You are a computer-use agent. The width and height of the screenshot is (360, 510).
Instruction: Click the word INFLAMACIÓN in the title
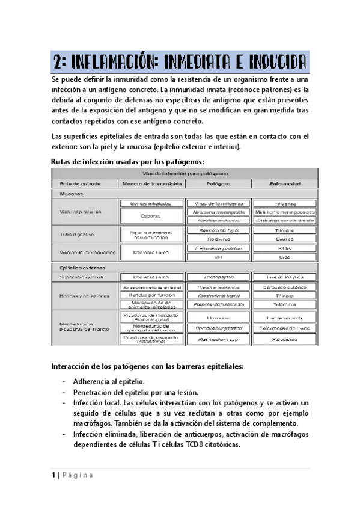click(116, 62)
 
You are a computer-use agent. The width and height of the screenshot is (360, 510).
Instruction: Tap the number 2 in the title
click(58, 62)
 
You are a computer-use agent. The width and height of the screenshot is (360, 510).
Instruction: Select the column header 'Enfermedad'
click(284, 183)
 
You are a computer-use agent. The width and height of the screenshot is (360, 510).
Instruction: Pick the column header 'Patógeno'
click(216, 183)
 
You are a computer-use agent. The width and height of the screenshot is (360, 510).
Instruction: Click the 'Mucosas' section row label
click(72, 195)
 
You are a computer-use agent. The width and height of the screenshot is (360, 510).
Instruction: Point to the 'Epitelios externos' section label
click(83, 268)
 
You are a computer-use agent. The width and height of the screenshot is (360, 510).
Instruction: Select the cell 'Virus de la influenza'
click(216, 204)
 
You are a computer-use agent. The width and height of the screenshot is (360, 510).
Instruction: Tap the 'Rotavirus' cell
click(216, 238)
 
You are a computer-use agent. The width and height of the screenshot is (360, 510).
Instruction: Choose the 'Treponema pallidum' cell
click(216, 248)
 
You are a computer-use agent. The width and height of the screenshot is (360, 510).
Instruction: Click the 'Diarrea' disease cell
click(284, 238)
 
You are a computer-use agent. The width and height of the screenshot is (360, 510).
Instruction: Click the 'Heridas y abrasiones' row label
click(84, 296)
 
